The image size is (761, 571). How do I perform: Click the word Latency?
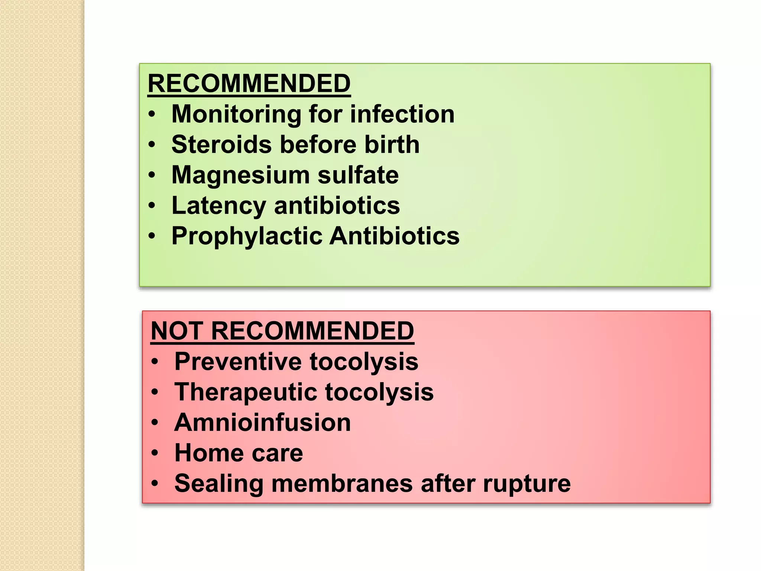(218, 206)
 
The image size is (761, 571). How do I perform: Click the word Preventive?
(238, 361)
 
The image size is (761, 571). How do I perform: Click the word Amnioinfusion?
(262, 422)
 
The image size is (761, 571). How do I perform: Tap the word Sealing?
(219, 484)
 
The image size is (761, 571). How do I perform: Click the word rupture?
(527, 484)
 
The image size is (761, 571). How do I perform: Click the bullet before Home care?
(155, 453)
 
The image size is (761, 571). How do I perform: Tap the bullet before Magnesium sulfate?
(152, 175)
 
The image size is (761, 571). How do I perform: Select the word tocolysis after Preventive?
(364, 361)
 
